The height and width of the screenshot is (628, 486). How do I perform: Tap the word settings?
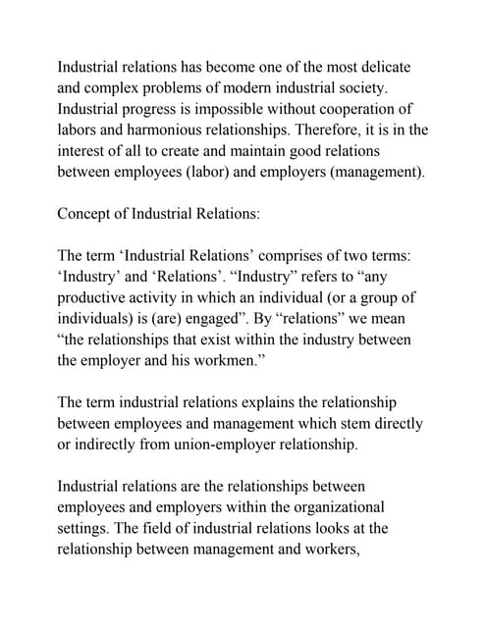[86, 529]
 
